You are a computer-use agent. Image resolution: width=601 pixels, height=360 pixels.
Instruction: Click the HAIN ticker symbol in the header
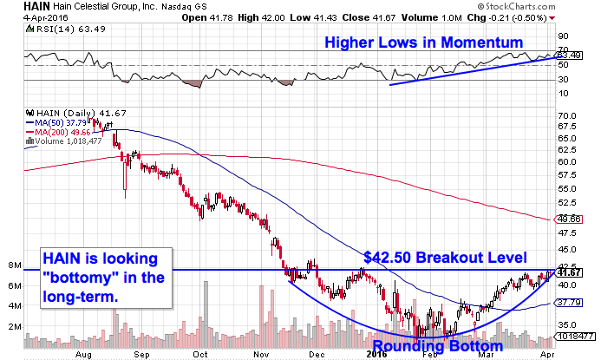click(16, 7)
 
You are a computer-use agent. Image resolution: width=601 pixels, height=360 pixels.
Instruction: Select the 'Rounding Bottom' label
click(432, 348)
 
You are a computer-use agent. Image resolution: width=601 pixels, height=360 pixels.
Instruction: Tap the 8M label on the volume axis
click(14, 265)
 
